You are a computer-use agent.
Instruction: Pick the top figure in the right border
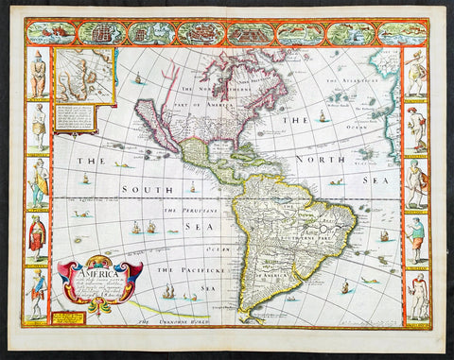coord(416,75)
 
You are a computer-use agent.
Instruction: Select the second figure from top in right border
coord(416,129)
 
